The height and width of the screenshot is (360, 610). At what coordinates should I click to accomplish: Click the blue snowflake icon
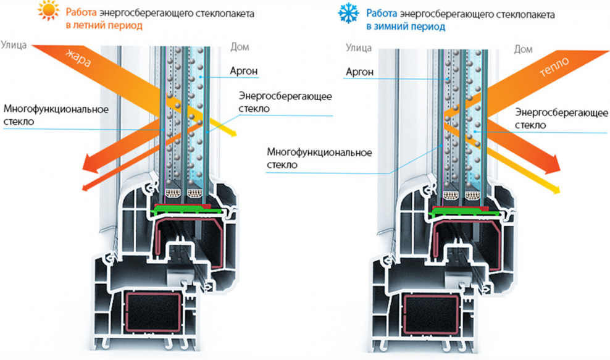tap(348, 14)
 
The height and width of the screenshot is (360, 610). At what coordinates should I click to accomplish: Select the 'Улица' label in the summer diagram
tap(14, 44)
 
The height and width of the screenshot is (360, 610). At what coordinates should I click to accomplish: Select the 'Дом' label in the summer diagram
tap(239, 46)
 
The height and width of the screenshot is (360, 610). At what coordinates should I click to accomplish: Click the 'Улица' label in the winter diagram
tap(359, 46)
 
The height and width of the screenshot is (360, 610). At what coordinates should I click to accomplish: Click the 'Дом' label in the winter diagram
tap(523, 49)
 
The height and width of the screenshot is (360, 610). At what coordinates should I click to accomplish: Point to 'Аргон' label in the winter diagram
tap(358, 72)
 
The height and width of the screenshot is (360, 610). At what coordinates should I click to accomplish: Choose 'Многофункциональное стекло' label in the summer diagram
tap(56, 115)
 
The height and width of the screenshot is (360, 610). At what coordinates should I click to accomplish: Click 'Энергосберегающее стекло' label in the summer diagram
tap(285, 102)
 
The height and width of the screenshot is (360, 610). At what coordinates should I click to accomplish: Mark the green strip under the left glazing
tap(185, 212)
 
